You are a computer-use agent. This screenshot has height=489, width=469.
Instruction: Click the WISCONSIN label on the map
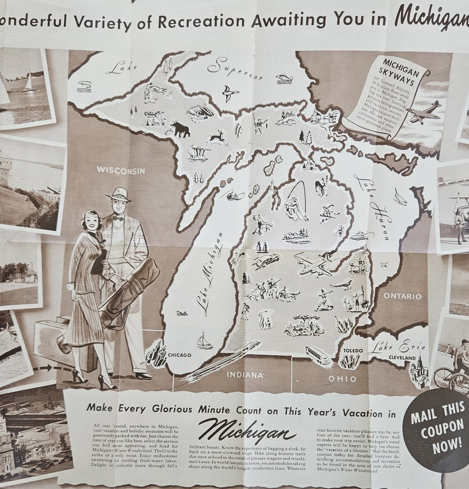tap(121, 170)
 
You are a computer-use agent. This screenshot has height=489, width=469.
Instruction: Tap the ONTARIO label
tap(402, 296)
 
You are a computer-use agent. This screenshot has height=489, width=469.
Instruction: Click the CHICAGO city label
tap(180, 355)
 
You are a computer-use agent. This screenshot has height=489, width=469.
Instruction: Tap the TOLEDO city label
tap(353, 350)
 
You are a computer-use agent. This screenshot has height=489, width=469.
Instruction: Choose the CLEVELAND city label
tap(402, 358)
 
